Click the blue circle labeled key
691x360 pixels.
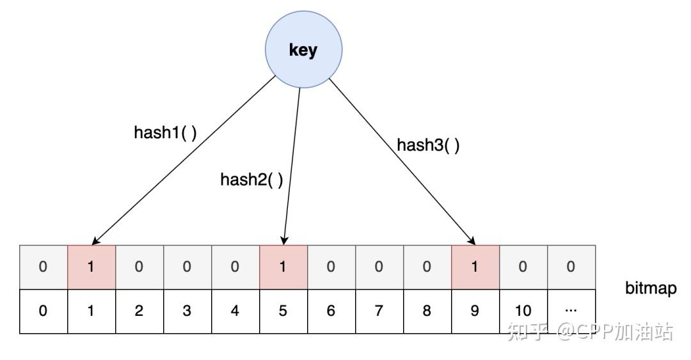pos(303,49)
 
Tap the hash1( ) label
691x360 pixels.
pos(165,132)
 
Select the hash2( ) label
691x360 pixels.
pos(251,179)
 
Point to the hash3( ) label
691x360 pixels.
pos(428,145)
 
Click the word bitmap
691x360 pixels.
pos(651,288)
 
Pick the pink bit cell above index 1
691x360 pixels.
pos(91,267)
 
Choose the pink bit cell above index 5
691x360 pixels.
pos(283,267)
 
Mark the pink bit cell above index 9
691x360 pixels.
pos(475,267)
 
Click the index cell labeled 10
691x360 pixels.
pos(523,311)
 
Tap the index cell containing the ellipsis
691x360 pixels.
pos(571,311)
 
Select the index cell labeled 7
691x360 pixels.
pos(379,311)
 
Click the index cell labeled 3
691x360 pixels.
pos(187,311)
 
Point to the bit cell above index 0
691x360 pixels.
pos(44,267)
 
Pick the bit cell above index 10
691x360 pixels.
pos(523,267)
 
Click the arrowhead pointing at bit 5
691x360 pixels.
pos(284,241)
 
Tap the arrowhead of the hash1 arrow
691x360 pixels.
pos(95,241)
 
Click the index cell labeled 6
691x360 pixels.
pos(331,311)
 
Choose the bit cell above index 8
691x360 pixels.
pos(427,267)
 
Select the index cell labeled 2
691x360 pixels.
pos(139,311)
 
